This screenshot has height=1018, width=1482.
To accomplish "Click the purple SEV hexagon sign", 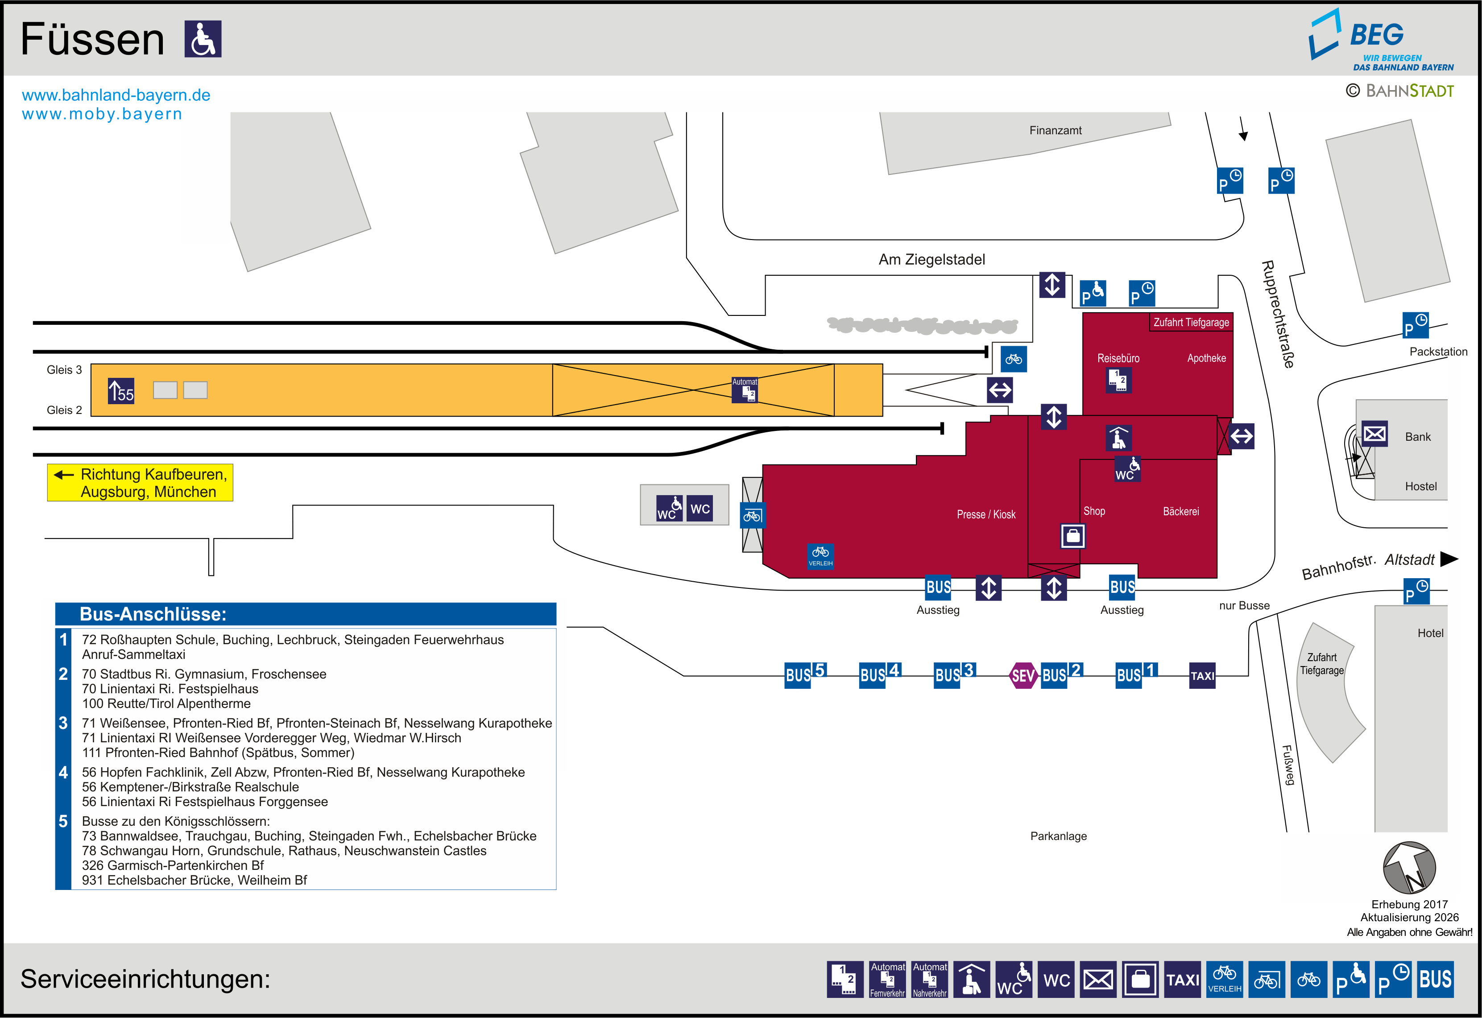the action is [1023, 675].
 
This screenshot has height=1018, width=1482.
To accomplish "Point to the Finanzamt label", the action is [1056, 130].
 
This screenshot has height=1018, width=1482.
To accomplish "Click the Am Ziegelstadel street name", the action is [931, 260].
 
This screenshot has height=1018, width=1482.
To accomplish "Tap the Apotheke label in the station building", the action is [1206, 358].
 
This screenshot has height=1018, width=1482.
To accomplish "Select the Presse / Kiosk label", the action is [986, 514].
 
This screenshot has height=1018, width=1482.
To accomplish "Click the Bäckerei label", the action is [1180, 511].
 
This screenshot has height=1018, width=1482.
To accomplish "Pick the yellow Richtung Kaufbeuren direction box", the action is [140, 483].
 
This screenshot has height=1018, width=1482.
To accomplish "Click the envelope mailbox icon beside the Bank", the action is [1374, 434].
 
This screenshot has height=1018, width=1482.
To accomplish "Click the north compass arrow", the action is [1409, 868].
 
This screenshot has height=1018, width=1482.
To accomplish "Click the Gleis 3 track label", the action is [64, 370].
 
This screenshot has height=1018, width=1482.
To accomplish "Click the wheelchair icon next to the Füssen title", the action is [203, 39].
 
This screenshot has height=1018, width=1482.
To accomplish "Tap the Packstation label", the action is [1438, 352].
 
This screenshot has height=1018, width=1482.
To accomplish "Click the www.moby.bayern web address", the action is [102, 114].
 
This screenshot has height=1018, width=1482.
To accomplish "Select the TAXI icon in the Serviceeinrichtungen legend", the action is [1182, 979].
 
